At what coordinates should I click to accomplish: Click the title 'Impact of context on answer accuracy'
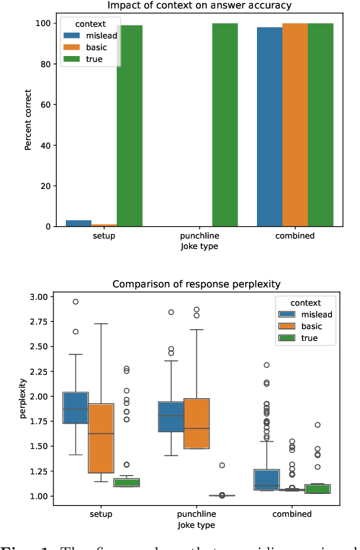point(200,6)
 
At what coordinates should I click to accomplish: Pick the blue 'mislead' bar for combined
point(269,127)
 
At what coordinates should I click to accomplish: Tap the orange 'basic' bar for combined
point(295,124)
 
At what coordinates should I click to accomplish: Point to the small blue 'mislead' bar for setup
point(78,224)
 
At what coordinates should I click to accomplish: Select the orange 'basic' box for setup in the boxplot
point(100,438)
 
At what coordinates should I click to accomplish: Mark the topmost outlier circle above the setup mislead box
point(76,302)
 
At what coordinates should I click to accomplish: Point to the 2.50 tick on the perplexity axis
point(40,347)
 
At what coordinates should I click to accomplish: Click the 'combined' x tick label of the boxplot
point(293,514)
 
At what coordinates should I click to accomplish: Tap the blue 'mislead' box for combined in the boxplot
point(267,479)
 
